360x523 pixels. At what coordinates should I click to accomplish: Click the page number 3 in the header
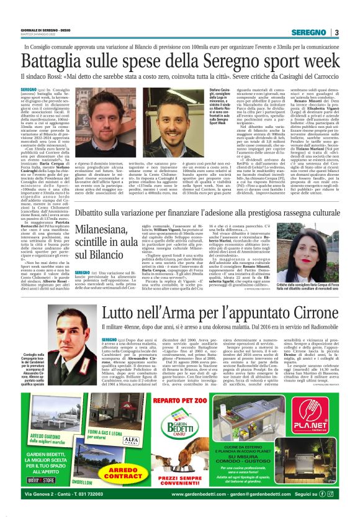tap(336, 32)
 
